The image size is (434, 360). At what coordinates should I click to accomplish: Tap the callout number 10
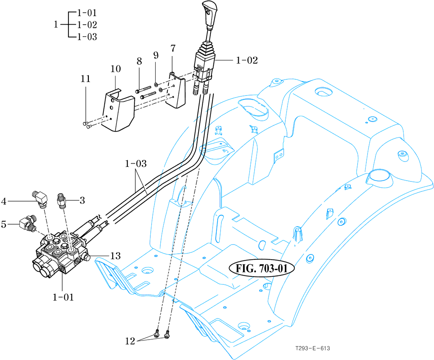(115, 68)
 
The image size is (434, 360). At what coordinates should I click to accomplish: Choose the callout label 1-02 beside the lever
(247, 61)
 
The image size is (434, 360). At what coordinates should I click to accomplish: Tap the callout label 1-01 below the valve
(63, 297)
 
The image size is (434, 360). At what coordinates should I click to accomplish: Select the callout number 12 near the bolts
(130, 341)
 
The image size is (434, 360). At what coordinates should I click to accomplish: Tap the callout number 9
(156, 55)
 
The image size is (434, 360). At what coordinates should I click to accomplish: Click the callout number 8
(139, 61)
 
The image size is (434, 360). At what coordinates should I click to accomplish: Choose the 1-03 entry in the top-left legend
(87, 37)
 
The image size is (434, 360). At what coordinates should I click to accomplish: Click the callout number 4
(4, 202)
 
